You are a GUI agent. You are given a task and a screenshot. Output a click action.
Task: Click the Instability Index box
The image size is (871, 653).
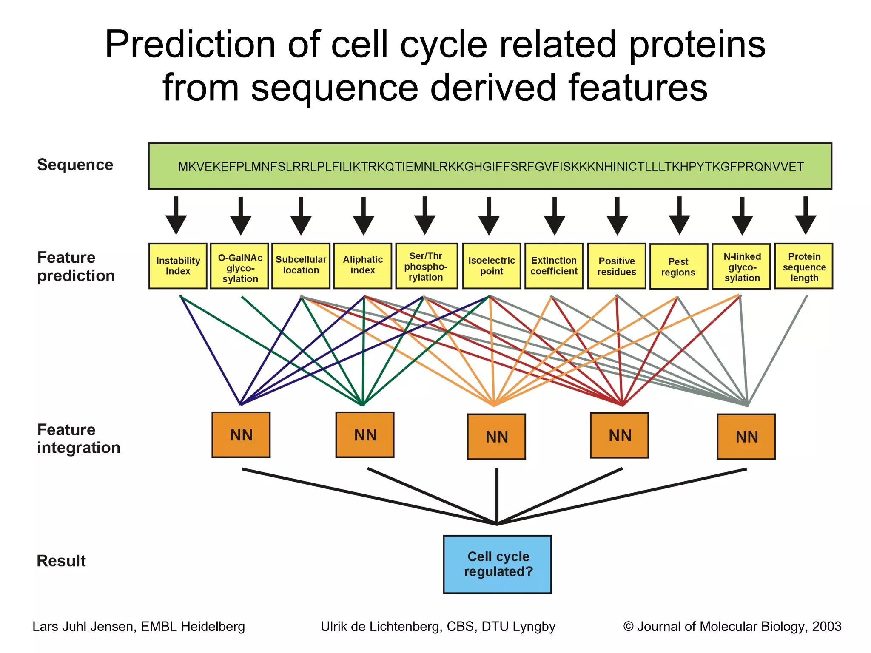[x=178, y=266]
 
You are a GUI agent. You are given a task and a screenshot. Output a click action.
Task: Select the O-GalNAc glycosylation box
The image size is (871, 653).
[x=239, y=266]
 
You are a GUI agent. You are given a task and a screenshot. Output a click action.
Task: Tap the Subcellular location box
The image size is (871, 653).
[x=301, y=266]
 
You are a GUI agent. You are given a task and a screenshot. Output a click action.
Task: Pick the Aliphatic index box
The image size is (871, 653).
[x=363, y=266]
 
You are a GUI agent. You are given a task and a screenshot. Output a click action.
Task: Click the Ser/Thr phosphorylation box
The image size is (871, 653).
[x=426, y=266]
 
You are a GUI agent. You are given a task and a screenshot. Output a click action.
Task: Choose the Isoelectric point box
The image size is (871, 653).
[x=491, y=266]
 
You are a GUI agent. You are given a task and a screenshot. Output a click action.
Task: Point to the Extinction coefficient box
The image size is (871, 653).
[x=554, y=266]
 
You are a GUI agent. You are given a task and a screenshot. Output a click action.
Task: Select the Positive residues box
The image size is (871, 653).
[x=617, y=266]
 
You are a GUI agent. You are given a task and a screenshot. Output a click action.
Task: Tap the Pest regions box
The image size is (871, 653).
[x=678, y=267]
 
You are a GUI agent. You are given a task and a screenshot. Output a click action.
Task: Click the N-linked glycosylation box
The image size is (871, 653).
[x=741, y=267]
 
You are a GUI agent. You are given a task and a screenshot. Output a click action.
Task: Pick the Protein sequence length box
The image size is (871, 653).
[x=804, y=266]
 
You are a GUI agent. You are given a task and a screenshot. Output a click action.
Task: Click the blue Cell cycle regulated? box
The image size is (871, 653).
[x=497, y=564]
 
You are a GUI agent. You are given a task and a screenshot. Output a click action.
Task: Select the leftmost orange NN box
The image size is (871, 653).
[x=241, y=434]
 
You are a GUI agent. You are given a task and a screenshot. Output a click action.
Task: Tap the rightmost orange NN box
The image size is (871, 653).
[x=746, y=437]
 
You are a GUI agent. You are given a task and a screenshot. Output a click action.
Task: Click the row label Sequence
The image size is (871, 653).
[x=75, y=165]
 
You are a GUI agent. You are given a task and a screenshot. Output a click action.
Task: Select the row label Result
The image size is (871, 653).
[x=61, y=561]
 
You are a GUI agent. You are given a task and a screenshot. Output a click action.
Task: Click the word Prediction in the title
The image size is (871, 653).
[x=191, y=45]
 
